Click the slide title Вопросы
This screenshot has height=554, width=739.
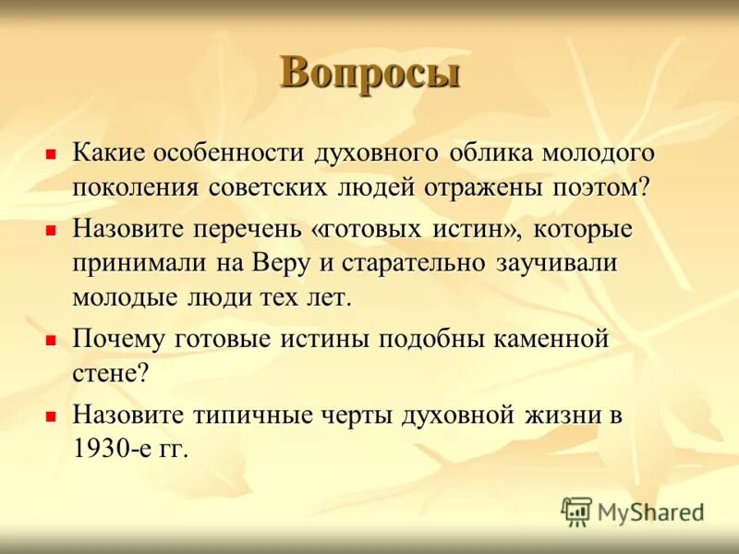point(369,73)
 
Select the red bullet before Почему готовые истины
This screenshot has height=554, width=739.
point(53,339)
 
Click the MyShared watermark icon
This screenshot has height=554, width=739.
point(576,511)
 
